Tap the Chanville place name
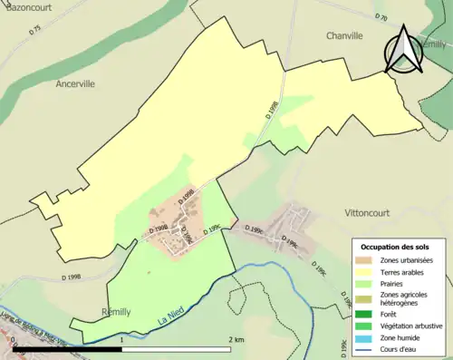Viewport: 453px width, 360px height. [x=343, y=35]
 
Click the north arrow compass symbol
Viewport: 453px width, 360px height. [x=405, y=50]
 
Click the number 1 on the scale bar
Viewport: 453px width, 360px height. [x=121, y=340]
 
